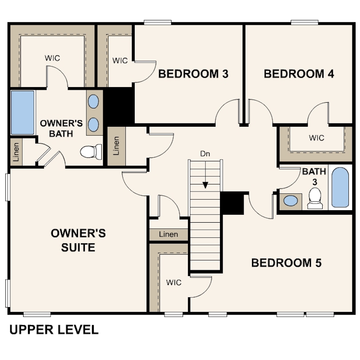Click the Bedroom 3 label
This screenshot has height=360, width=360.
pos(193,74)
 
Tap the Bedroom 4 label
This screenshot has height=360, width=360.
pos(299,74)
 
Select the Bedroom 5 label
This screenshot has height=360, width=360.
pos(287,263)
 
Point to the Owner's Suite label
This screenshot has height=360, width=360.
pos(78,240)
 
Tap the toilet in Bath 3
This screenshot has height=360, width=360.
pos(315,198)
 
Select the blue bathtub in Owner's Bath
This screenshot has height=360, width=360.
pos(23,112)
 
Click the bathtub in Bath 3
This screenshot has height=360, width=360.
pos(340,188)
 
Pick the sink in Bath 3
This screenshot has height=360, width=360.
pos(291,200)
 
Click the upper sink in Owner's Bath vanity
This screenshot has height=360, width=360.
pos(93,101)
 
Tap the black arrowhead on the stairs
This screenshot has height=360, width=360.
pos(205,185)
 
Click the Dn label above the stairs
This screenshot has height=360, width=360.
pos(205,154)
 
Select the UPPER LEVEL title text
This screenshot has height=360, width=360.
pos(54,330)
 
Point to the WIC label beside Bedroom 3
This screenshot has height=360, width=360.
pos(120,60)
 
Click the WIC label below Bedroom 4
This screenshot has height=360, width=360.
pos(316,138)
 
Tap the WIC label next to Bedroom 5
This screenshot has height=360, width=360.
pos(174,282)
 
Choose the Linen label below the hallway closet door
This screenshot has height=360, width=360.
pos(168,234)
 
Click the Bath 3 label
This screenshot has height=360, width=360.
pos(314,176)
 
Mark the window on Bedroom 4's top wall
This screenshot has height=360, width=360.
pos(304,23)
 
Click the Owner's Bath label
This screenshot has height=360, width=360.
pos(61,128)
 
